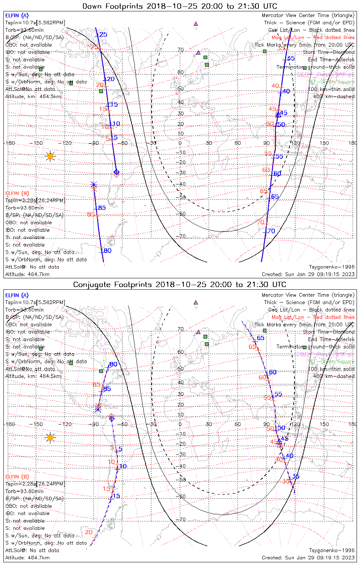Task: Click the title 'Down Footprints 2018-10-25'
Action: click(x=180, y=6)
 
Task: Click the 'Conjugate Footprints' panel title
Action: click(x=180, y=284)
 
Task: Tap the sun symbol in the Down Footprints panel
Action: click(x=50, y=156)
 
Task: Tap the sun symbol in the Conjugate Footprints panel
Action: click(x=50, y=438)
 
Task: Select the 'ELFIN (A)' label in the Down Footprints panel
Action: click(x=17, y=16)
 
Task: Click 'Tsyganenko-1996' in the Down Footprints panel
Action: click(x=332, y=267)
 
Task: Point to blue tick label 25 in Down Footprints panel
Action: click(x=103, y=35)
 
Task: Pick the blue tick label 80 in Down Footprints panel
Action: click(x=108, y=251)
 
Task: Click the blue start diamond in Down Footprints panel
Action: click(x=117, y=172)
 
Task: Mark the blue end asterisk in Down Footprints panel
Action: click(x=94, y=185)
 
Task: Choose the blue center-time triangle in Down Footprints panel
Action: click(x=278, y=114)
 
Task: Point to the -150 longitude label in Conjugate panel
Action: click(x=38, y=424)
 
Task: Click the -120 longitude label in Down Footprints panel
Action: click(x=67, y=143)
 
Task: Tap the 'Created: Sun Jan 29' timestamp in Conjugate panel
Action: click(x=308, y=558)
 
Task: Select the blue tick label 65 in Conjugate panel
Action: click(x=261, y=338)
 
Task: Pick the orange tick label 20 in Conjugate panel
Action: click(x=89, y=532)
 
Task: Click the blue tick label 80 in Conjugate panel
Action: click(x=113, y=365)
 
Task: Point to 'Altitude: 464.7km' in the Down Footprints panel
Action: click(x=27, y=274)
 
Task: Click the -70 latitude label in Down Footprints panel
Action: click(x=182, y=236)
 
